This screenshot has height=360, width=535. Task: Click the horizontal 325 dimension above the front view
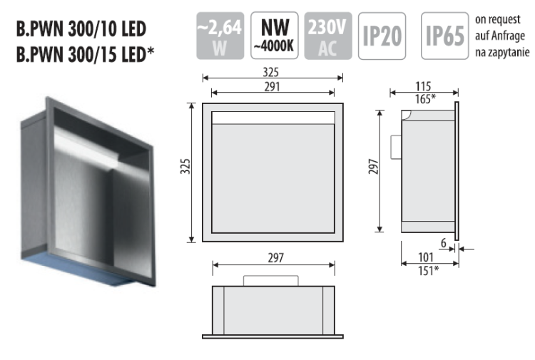click(270, 73)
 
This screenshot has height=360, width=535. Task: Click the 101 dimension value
click(424, 257)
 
